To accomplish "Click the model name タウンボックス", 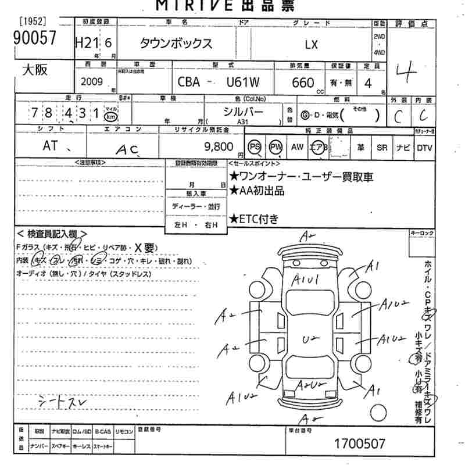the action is (176, 44).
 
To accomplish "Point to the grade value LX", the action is (312, 44).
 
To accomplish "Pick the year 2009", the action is (92, 82).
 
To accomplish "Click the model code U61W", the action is (242, 83).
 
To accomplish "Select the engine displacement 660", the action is (303, 83).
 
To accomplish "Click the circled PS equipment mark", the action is (255, 148).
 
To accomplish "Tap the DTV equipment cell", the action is (424, 148).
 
